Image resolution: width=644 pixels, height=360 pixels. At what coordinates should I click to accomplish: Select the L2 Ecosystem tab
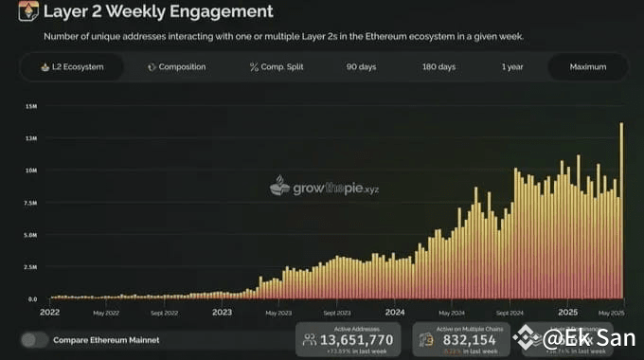pyautogui.click(x=72, y=67)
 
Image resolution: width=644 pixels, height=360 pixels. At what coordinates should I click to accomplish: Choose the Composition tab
pyautogui.click(x=177, y=67)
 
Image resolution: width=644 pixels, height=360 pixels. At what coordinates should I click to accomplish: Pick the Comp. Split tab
pyautogui.click(x=278, y=67)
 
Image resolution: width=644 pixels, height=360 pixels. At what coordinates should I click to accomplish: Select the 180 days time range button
pyautogui.click(x=438, y=67)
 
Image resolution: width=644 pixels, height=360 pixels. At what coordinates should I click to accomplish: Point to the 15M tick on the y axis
pyautogui.click(x=30, y=106)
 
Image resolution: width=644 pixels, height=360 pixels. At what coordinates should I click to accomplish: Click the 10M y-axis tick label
pyautogui.click(x=30, y=171)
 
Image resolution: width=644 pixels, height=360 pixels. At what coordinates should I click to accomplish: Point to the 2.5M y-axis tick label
pyautogui.click(x=30, y=267)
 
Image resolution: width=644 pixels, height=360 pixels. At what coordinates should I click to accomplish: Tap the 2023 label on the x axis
pyautogui.click(x=222, y=311)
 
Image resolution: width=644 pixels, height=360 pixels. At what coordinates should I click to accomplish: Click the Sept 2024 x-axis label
pyautogui.click(x=510, y=312)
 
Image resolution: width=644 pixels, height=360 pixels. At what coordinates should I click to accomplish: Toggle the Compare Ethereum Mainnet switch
pyautogui.click(x=35, y=339)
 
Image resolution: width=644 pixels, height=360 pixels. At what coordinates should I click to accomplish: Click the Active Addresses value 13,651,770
pyautogui.click(x=357, y=338)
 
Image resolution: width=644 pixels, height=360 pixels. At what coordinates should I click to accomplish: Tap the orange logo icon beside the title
pyautogui.click(x=28, y=11)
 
